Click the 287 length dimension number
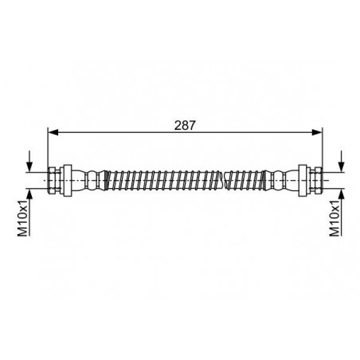tap(185, 125)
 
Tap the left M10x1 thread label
tap(23, 218)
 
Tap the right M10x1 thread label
tap(335, 218)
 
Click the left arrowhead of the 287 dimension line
tap(53, 132)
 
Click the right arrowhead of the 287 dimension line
tap(317, 132)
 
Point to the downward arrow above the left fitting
tap(29, 162)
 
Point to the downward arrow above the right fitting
tap(342, 161)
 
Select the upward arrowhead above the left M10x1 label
tap(29, 194)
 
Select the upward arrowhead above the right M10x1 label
tap(342, 194)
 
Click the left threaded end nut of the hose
tap(54, 181)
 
